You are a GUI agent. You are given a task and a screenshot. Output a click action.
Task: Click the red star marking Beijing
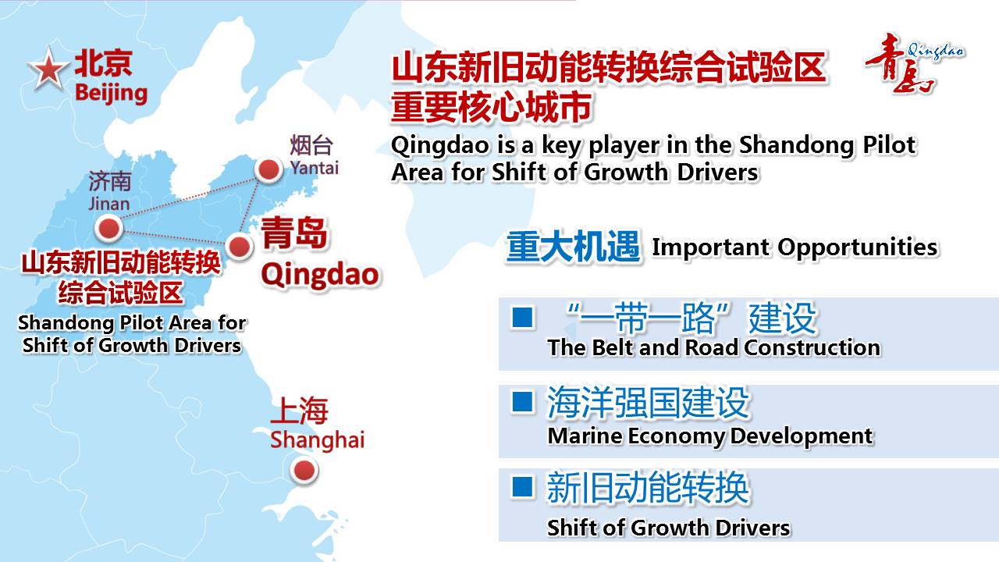pyautogui.click(x=48, y=70)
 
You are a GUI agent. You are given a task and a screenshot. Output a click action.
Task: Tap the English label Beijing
pyautogui.click(x=111, y=94)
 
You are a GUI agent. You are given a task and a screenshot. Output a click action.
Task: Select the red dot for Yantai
pyautogui.click(x=269, y=169)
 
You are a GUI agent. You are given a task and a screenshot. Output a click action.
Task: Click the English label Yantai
pyautogui.click(x=315, y=168)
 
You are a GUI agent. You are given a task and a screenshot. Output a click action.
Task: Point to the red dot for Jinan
pyautogui.click(x=108, y=229)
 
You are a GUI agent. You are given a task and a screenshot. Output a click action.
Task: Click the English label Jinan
pyautogui.click(x=108, y=204)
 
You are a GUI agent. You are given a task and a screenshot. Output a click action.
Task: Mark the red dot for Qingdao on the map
pyautogui.click(x=240, y=246)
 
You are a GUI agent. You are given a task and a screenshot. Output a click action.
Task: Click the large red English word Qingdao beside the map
pyautogui.click(x=320, y=276)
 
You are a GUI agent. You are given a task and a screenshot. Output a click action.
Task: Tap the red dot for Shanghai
pyautogui.click(x=304, y=471)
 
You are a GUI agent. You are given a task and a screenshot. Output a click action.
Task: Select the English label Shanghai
pyautogui.click(x=317, y=440)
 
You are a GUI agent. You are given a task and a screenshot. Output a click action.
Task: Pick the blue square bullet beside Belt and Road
pyautogui.click(x=522, y=317)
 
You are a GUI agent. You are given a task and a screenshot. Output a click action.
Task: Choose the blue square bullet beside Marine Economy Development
pyautogui.click(x=522, y=401)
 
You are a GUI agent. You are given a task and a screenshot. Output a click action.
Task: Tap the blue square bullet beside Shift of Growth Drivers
pyautogui.click(x=522, y=486)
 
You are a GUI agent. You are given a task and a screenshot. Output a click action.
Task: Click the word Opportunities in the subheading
pyautogui.click(x=858, y=248)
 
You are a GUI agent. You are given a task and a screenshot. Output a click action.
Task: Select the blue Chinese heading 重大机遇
pyautogui.click(x=574, y=247)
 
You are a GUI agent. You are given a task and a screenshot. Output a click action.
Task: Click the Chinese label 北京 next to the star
pyautogui.click(x=104, y=63)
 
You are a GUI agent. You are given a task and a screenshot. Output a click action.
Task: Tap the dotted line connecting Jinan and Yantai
pyautogui.click(x=189, y=199)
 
